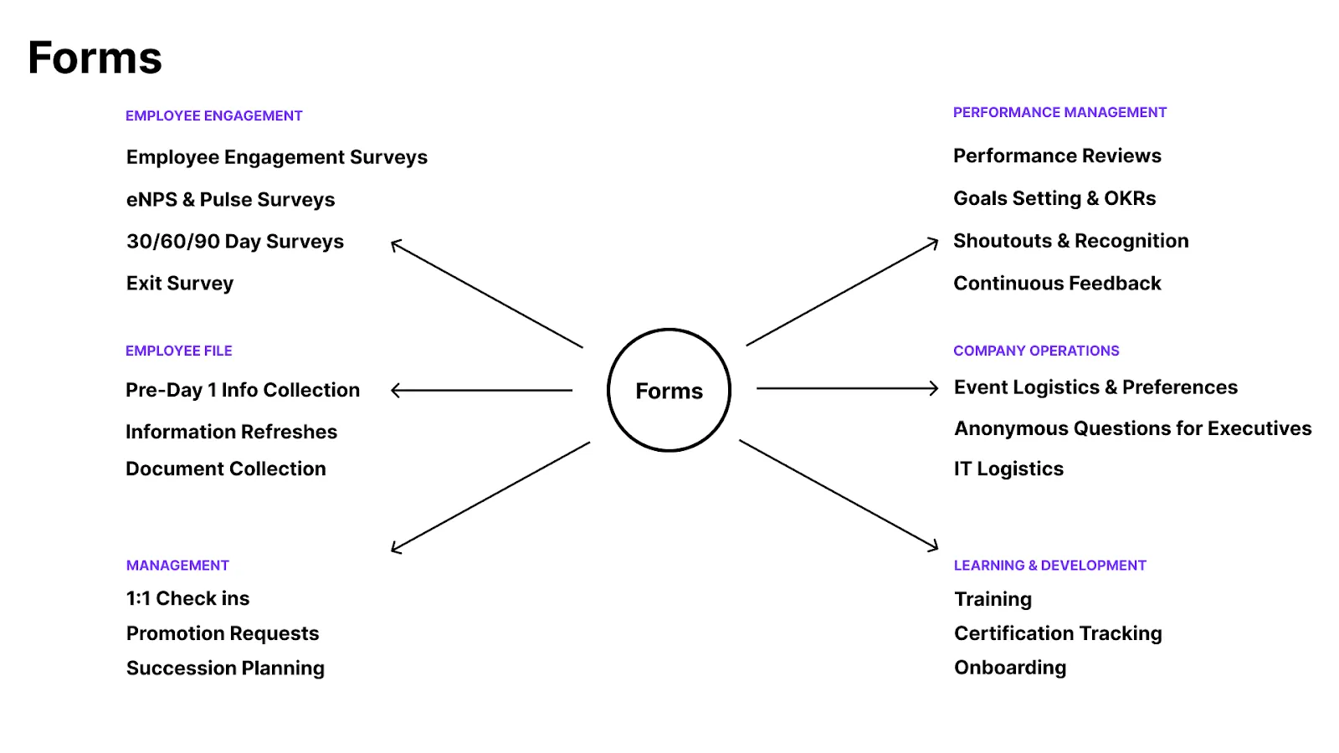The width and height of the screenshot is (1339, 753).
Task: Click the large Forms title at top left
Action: [x=95, y=58]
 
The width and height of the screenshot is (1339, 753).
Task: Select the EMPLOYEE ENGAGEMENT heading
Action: [x=214, y=115]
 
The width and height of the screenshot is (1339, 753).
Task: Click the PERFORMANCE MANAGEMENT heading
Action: [x=1059, y=112]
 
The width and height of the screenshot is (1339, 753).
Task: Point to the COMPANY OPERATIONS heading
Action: [x=1036, y=351]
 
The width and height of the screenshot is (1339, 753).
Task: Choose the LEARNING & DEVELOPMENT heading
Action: [x=1049, y=566]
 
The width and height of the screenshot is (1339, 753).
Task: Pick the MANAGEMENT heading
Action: [x=177, y=566]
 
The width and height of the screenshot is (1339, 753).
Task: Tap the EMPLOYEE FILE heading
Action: [x=179, y=351]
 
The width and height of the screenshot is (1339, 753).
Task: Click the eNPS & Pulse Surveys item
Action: [x=231, y=200]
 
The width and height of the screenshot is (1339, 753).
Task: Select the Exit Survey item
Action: [x=180, y=284]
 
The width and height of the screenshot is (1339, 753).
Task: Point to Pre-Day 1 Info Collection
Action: [x=243, y=390]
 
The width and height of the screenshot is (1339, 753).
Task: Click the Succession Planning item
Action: [x=225, y=668]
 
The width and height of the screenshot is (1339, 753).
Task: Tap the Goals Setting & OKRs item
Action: [x=1054, y=198]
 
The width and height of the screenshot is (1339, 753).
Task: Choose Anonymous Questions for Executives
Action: [x=1133, y=428]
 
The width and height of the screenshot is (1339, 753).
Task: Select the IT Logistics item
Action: [x=1009, y=469]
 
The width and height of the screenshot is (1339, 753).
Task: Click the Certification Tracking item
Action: [x=1058, y=633]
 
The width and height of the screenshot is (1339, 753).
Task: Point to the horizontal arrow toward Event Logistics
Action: [x=848, y=388]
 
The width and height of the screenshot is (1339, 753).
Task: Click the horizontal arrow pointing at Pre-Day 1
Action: [x=482, y=390]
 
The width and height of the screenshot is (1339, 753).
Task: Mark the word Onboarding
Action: [x=1010, y=668]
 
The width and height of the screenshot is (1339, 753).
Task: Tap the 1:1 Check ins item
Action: [x=187, y=598]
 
